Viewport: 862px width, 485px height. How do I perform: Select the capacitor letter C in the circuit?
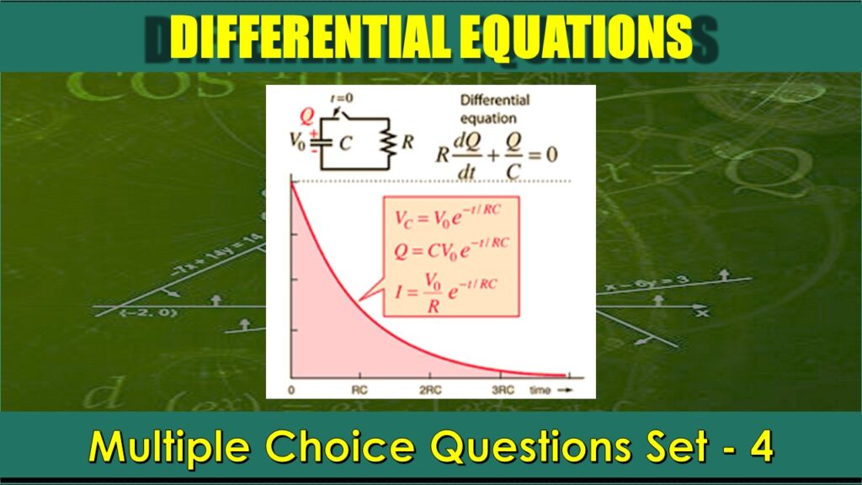tap(344, 143)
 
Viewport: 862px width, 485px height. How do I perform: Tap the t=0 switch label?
tap(343, 99)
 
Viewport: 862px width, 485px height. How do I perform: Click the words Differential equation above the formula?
tap(495, 109)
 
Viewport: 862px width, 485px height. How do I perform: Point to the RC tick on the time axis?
tap(359, 390)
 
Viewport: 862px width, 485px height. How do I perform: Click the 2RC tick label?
tap(430, 390)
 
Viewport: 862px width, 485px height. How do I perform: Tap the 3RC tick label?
tap(503, 390)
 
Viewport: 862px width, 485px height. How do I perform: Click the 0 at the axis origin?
tap(290, 390)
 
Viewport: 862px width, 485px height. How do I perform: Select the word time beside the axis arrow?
tap(540, 390)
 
